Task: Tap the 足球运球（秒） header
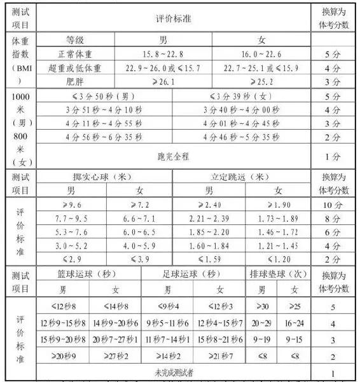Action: [192, 274]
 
